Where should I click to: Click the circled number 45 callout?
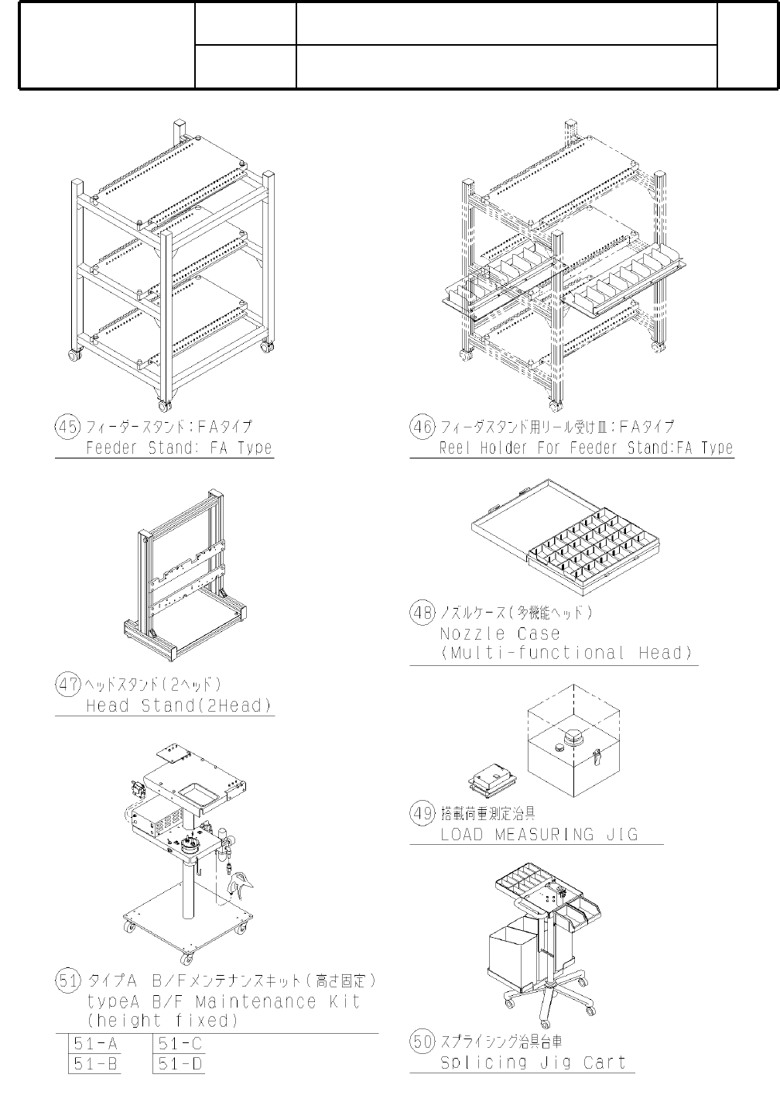(x=67, y=427)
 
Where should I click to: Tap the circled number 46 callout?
(x=422, y=427)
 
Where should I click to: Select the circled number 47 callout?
(x=67, y=685)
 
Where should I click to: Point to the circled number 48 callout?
(x=422, y=613)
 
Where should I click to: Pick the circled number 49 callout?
(x=422, y=814)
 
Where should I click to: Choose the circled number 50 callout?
(x=422, y=1042)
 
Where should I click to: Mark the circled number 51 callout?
(x=67, y=981)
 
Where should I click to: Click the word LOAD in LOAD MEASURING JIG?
(x=461, y=835)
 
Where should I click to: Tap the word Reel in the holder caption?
(x=455, y=448)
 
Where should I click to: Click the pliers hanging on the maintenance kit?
(x=242, y=883)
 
